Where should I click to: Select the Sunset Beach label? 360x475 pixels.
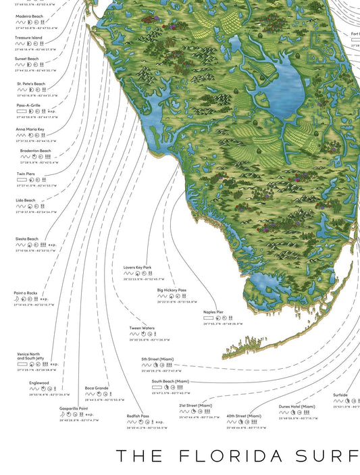[28, 59]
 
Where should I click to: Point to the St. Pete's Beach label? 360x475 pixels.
[31, 84]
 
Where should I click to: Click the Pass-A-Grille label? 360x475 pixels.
[30, 105]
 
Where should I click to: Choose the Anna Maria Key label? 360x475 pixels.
[30, 129]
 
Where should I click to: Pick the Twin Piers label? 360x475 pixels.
[26, 174]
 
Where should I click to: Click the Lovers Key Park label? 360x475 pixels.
[138, 268]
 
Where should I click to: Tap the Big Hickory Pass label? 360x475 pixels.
[172, 290]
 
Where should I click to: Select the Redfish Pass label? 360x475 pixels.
[138, 416]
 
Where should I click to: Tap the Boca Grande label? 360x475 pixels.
[97, 388]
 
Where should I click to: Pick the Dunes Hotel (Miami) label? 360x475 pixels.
[297, 406]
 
